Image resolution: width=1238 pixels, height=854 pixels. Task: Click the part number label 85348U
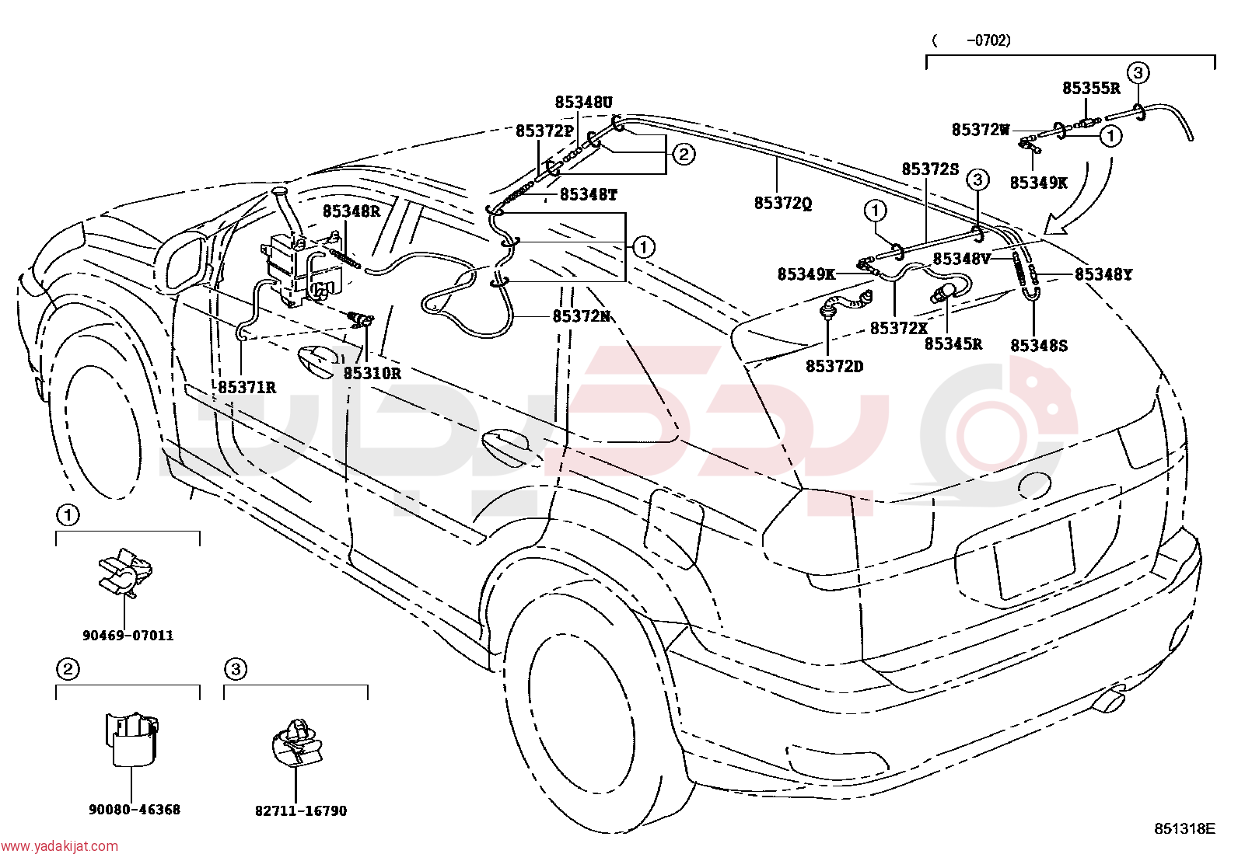click(584, 103)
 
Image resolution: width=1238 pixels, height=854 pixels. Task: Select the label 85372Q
click(783, 204)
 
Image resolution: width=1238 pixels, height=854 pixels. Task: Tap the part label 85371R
click(247, 387)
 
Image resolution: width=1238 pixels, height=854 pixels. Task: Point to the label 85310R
click(372, 374)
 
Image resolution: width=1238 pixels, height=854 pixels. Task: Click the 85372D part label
click(834, 366)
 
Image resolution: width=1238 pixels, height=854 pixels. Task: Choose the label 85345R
click(953, 343)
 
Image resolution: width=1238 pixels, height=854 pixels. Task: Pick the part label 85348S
click(1039, 346)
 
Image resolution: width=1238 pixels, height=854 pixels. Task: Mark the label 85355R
click(1091, 89)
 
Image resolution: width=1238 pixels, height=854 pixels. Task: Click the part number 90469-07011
click(128, 636)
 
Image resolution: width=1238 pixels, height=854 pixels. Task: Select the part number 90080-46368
click(135, 810)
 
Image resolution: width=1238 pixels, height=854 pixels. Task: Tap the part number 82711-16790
click(301, 811)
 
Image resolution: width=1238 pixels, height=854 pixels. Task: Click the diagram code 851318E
click(1184, 828)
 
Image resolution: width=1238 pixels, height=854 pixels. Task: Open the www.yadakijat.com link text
click(59, 846)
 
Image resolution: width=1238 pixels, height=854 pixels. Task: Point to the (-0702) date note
click(971, 40)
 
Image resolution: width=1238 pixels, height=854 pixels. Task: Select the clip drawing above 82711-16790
click(297, 742)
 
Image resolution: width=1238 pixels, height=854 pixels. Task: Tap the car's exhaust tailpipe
click(1108, 702)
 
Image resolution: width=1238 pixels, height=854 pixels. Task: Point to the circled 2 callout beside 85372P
click(684, 154)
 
